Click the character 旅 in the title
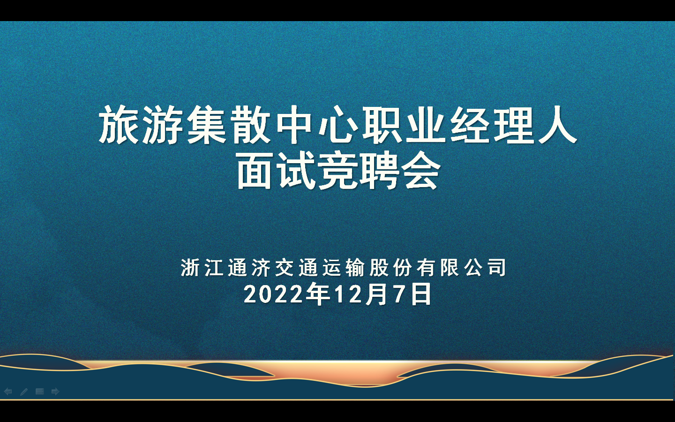click(119, 125)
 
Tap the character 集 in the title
click(206, 125)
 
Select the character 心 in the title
click(338, 125)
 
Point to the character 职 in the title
click(382, 125)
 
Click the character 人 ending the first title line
click(558, 125)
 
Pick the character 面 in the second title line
click(255, 170)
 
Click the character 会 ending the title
click(421, 170)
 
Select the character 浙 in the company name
click(190, 267)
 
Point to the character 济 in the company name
click(261, 267)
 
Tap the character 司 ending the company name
click(497, 267)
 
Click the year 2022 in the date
click(273, 294)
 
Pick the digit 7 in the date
click(399, 294)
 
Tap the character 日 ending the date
click(421, 294)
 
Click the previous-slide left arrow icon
click(8, 392)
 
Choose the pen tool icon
click(24, 392)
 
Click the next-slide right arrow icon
click(55, 392)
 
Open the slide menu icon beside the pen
click(39, 392)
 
